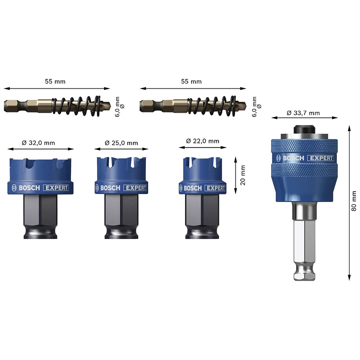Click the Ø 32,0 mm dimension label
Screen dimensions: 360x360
click(38, 143)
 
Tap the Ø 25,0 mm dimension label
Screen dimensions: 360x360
click(121, 143)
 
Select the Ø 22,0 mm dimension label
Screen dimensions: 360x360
click(202, 141)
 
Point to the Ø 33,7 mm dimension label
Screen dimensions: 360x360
click(303, 113)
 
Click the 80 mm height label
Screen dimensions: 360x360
click(354, 201)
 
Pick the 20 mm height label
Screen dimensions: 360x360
click(243, 175)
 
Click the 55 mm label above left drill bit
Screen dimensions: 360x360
click(55, 81)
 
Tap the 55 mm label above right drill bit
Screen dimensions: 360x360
click(191, 81)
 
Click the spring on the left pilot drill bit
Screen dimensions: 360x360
click(76, 106)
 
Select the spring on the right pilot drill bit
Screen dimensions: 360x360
click(211, 106)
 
